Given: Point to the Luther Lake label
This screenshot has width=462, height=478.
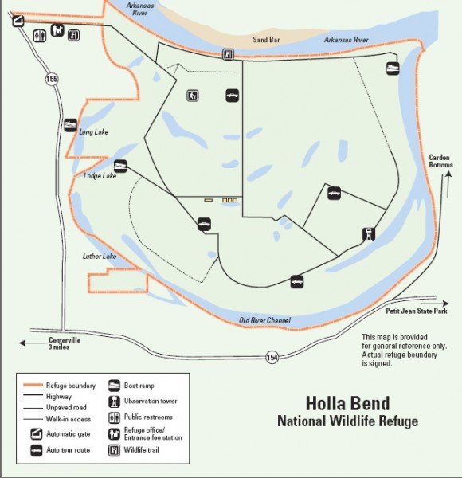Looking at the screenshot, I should [100, 257].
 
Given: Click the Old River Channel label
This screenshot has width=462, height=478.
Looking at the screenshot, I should [265, 320].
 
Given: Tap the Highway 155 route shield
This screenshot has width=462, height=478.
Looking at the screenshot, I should [52, 79].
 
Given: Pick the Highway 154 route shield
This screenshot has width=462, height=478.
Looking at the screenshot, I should [273, 357].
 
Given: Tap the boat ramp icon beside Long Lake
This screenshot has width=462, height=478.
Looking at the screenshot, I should [71, 125].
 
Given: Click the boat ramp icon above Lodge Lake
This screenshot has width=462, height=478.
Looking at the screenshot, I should [121, 167].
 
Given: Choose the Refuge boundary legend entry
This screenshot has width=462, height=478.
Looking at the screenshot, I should [71, 385].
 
